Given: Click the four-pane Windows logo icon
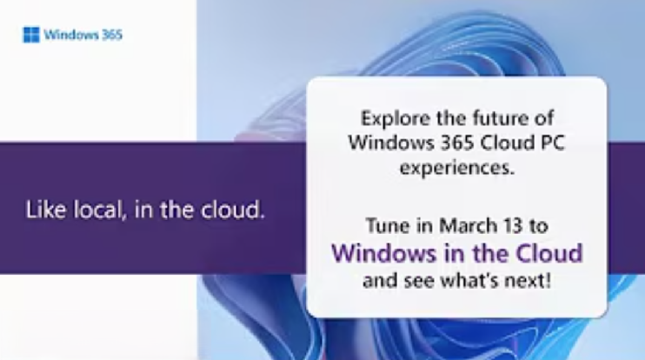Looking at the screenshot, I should tap(30, 36).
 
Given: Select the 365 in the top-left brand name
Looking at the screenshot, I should tap(111, 36).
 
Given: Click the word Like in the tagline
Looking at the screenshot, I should tap(43, 210).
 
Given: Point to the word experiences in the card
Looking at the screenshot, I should tap(456, 167).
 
